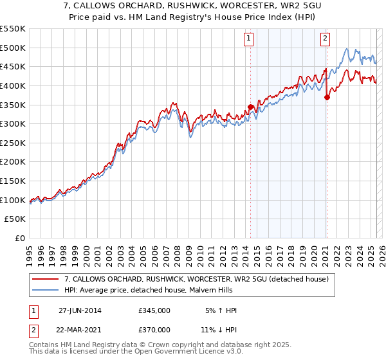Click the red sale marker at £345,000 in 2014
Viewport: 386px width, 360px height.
251,107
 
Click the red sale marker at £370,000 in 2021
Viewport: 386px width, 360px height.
327,97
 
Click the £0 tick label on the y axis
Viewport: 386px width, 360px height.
21,239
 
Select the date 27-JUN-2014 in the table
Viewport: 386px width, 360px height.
80,310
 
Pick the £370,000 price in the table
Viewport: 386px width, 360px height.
154,330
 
